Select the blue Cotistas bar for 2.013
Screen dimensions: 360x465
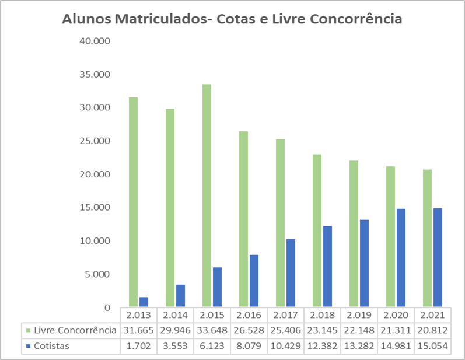tap(144, 302)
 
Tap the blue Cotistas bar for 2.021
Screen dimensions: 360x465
tap(438, 257)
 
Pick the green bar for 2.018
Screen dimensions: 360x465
tap(317, 230)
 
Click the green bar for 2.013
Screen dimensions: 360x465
tap(134, 202)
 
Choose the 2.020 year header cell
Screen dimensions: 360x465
tap(395, 315)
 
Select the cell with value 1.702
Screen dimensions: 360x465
tap(138, 346)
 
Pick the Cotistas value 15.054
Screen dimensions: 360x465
tap(431, 346)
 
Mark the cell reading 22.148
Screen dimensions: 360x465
tap(358, 330)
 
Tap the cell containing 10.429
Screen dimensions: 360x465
tap(285, 346)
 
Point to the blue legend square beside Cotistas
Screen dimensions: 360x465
tap(30, 346)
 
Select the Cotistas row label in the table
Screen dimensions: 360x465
tap(52, 346)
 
